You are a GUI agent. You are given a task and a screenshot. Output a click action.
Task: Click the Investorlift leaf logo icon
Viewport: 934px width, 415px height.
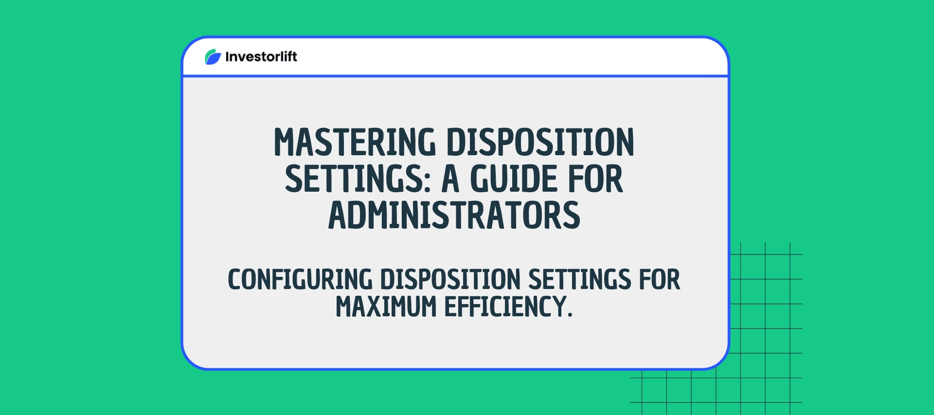[x=213, y=57]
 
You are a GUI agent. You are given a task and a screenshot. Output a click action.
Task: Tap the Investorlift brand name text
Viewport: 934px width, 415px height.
[x=261, y=57]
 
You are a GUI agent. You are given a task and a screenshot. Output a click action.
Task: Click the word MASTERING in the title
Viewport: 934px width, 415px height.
[x=355, y=143]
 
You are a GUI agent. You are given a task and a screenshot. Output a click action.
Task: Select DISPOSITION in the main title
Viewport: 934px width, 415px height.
[x=540, y=143]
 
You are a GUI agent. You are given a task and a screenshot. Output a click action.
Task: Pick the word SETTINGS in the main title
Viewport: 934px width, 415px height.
[x=354, y=179]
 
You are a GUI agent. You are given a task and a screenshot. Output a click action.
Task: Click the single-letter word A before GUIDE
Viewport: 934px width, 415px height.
[x=450, y=179]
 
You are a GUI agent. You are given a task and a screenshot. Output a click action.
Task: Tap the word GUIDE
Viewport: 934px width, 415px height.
[x=513, y=179]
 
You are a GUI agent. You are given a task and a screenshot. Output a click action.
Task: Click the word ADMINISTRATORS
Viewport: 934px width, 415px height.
[x=454, y=216]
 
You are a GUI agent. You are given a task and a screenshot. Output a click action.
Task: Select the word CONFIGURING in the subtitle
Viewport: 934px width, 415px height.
[x=300, y=280]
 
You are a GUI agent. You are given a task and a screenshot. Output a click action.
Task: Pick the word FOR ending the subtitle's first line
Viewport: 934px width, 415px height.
[x=660, y=280]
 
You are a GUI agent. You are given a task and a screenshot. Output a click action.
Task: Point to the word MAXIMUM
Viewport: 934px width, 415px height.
[x=386, y=307]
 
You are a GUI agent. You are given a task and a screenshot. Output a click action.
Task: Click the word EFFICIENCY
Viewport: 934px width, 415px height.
[x=505, y=307]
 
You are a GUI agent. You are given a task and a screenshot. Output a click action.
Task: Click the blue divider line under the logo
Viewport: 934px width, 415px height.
[x=455, y=76]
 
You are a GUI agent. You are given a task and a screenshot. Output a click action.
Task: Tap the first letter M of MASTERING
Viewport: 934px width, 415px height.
[x=285, y=143]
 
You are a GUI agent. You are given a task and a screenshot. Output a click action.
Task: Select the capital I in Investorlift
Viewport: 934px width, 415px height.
[x=228, y=57]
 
